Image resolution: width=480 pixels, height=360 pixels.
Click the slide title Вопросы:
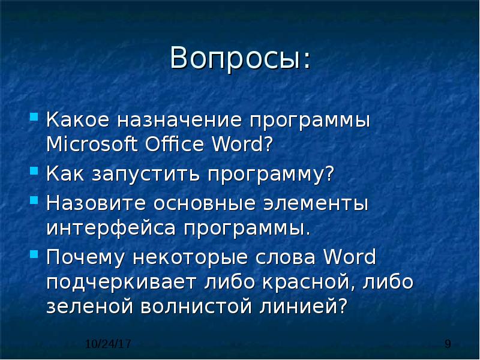pyautogui.click(x=241, y=58)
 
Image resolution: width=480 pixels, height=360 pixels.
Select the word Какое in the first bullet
pyautogui.click(x=77, y=119)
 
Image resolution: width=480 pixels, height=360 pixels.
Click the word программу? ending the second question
pyautogui.click(x=271, y=175)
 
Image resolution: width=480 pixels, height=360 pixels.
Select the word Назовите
pyautogui.click(x=96, y=203)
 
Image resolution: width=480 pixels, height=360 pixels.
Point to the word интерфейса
pyautogui.click(x=111, y=229)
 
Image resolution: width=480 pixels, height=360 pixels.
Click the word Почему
pyautogui.click(x=85, y=257)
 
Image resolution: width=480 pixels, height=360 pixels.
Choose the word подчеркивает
pyautogui.click(x=121, y=283)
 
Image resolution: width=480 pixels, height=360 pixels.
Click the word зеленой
pyautogui.click(x=89, y=307)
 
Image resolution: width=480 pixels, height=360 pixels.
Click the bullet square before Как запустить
pyautogui.click(x=34, y=170)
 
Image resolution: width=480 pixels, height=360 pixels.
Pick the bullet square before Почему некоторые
pyautogui.click(x=34, y=254)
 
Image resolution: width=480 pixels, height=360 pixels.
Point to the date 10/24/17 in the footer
pyautogui.click(x=108, y=344)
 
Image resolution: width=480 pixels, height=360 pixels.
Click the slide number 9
pyautogui.click(x=448, y=344)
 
